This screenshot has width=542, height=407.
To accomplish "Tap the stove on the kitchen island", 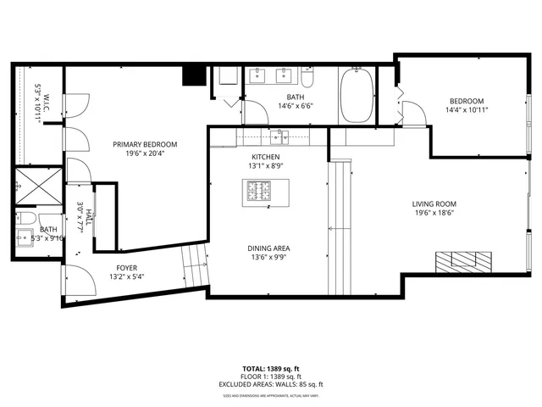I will point(260,193).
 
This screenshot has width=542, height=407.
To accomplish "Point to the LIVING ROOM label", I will point(434,203).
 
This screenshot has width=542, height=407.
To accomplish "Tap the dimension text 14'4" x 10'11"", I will point(467,109).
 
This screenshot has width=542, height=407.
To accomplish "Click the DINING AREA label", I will point(270,248).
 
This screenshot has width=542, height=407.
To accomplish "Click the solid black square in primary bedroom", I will point(195,75).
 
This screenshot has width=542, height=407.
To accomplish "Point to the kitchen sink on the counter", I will point(279,137).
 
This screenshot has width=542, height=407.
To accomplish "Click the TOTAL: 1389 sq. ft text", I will point(271,368).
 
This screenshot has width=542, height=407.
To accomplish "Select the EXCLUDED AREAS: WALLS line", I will point(271,384).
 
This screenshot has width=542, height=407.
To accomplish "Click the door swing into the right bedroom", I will point(412,114).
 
